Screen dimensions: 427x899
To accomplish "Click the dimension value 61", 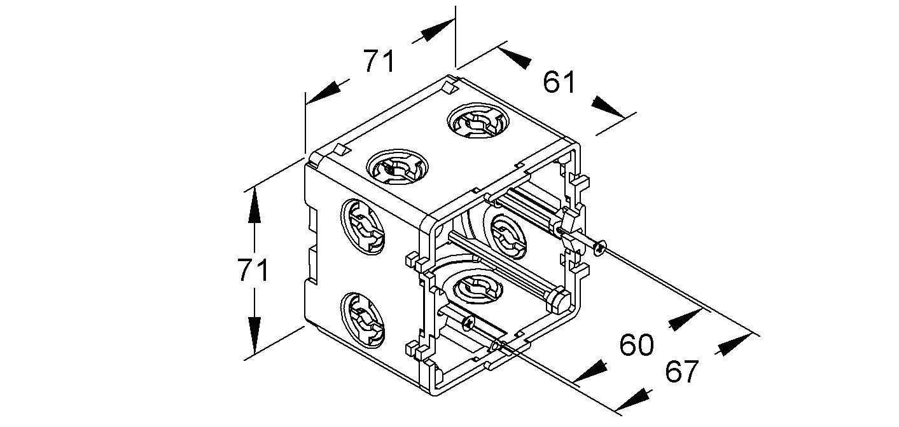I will click(560, 82).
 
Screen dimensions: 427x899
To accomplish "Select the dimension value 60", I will click(636, 345).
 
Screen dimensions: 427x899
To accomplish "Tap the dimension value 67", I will click(682, 372).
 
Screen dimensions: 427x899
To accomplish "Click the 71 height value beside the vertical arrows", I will click(253, 271).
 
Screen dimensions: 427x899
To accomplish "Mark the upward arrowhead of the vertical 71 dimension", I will click(254, 205).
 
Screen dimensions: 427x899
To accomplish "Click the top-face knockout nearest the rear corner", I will click(476, 121).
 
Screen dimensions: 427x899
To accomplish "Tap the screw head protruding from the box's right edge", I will click(600, 248).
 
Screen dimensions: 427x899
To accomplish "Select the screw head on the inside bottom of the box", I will click(468, 325).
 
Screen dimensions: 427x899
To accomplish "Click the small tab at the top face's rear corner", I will click(450, 87).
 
